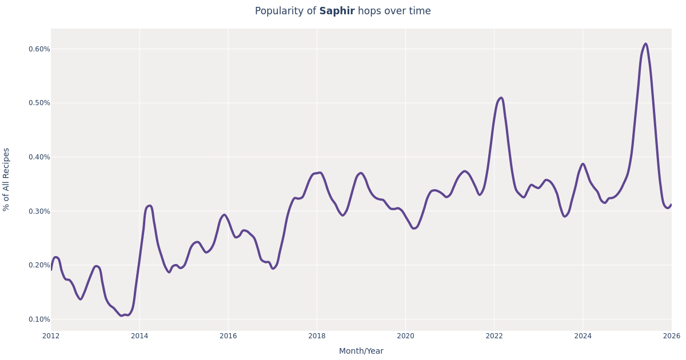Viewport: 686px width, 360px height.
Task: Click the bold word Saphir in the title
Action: (x=337, y=11)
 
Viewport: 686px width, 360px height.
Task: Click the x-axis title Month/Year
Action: (x=361, y=351)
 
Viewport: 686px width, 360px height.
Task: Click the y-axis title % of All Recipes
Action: (x=7, y=179)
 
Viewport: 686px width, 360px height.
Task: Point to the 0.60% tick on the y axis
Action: (x=39, y=49)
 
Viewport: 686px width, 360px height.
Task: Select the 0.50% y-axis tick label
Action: (x=39, y=103)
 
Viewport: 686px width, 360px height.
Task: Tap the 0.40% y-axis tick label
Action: (x=39, y=157)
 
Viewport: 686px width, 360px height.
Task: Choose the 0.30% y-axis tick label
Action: (x=39, y=211)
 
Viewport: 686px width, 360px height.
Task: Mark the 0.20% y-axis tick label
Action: (x=39, y=265)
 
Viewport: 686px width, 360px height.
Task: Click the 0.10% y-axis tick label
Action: (x=39, y=319)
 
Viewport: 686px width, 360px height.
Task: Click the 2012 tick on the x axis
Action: (x=51, y=336)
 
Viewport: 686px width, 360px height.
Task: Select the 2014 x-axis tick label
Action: (x=139, y=336)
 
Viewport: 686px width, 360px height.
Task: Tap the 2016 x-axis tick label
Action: (x=228, y=336)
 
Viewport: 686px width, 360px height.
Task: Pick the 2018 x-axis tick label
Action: (x=317, y=336)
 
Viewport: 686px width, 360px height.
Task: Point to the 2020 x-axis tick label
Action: (x=405, y=336)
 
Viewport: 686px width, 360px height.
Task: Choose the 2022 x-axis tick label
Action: (x=494, y=336)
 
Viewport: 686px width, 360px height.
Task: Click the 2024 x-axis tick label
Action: (x=583, y=336)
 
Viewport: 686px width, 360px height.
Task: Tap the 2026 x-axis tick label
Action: (x=671, y=336)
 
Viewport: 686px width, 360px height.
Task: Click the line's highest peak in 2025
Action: (x=645, y=44)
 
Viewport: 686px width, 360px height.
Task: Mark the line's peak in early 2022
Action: (x=501, y=98)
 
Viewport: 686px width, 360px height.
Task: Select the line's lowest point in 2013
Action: (x=121, y=315)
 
